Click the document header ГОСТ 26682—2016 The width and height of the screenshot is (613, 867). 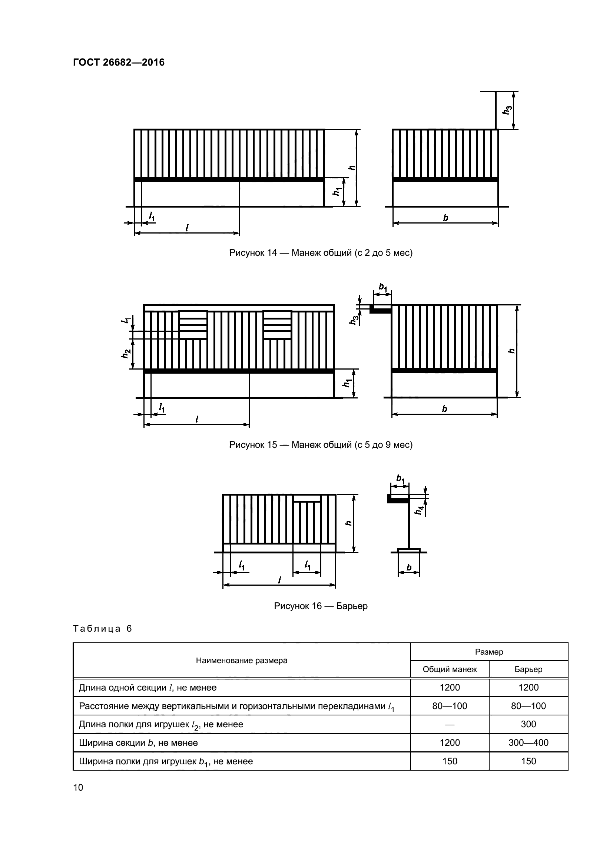(119, 62)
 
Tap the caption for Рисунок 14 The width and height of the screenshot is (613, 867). (321, 253)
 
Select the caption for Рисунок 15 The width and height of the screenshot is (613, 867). (321, 444)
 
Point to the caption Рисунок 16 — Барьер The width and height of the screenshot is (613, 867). (321, 606)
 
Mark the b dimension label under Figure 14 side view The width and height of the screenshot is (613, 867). (445, 218)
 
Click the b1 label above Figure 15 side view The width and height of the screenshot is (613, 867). (383, 287)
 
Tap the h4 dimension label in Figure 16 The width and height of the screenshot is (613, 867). (419, 510)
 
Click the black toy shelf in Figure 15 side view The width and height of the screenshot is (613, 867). (380, 310)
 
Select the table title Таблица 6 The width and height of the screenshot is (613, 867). (102, 629)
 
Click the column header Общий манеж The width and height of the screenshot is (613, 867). (450, 669)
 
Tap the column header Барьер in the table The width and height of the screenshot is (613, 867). (528, 669)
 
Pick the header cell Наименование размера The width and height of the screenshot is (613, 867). (242, 661)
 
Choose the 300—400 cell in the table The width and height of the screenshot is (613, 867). (528, 743)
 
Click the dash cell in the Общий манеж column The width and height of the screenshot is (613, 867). (450, 724)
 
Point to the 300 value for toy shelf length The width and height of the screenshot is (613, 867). (528, 724)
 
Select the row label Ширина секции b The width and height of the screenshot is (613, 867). (138, 743)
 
